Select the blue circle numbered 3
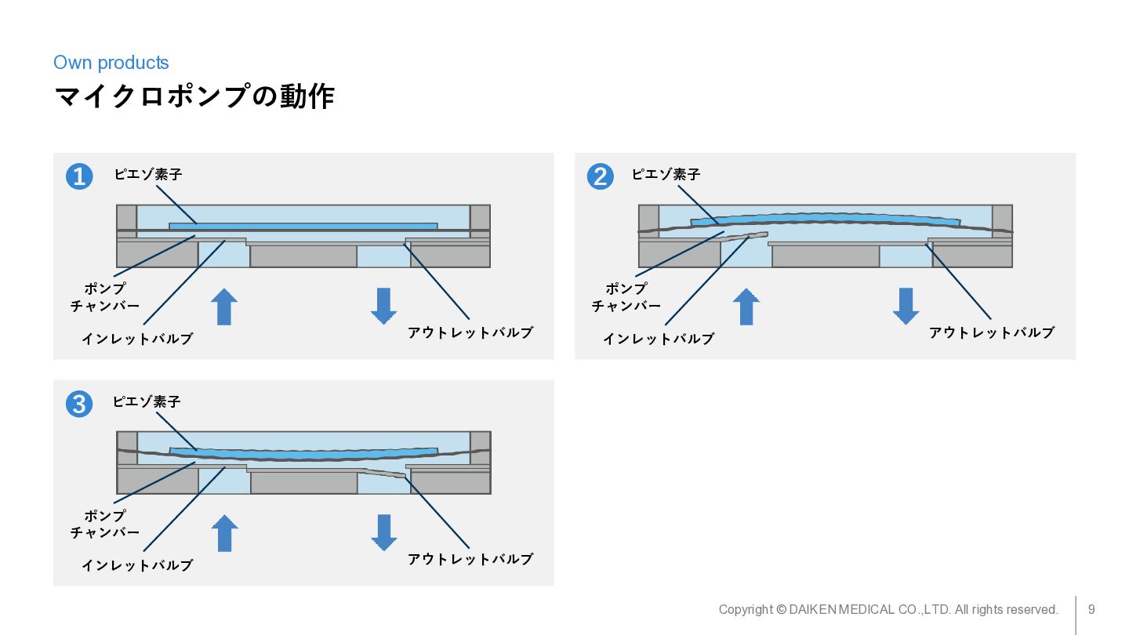(79, 405)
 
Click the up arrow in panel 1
(224, 307)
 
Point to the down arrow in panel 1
(383, 306)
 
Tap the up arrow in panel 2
(746, 307)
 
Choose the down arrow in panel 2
(906, 306)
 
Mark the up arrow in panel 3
(224, 533)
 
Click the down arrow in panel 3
(383, 532)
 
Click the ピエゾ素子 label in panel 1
(148, 174)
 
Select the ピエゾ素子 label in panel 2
(666, 174)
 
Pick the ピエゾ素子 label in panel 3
(147, 401)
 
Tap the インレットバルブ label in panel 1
(137, 339)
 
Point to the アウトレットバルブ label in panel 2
(991, 332)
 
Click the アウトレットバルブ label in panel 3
(470, 559)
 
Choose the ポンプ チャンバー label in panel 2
(626, 297)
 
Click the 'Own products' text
(111, 63)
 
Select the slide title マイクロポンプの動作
(194, 96)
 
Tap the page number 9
(1091, 609)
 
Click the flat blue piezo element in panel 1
(303, 227)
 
